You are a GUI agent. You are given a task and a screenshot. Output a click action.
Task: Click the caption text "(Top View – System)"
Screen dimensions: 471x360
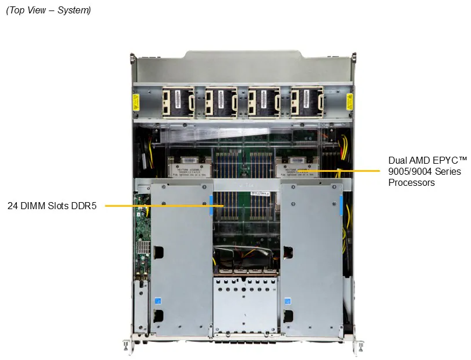pyautogui.click(x=48, y=10)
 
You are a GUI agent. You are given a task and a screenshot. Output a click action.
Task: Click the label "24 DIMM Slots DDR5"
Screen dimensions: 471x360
pyautogui.click(x=52, y=206)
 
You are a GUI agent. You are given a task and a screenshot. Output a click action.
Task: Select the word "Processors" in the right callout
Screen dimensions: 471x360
pyautogui.click(x=412, y=182)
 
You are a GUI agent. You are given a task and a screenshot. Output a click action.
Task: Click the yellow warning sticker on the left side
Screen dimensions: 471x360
pyautogui.click(x=136, y=102)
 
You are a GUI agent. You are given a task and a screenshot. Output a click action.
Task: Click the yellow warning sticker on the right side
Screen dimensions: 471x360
pyautogui.click(x=349, y=101)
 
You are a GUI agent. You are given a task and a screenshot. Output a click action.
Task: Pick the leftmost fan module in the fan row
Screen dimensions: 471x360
pyautogui.click(x=178, y=102)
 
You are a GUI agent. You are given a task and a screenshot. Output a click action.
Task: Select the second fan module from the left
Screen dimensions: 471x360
pyautogui.click(x=221, y=102)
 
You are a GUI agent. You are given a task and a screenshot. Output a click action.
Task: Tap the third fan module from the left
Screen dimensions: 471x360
pyautogui.click(x=264, y=102)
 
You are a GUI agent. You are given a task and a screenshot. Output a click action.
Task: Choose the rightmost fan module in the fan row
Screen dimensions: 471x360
pyautogui.click(x=307, y=102)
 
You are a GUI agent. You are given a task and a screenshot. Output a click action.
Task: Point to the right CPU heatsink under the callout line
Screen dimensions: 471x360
pyautogui.click(x=296, y=170)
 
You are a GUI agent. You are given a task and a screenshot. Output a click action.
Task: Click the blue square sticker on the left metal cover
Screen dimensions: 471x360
pyautogui.click(x=158, y=301)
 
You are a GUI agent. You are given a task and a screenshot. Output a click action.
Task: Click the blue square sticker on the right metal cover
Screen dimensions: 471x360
pyautogui.click(x=288, y=301)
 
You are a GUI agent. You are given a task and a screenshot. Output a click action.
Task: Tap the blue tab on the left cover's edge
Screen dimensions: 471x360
pyautogui.click(x=211, y=205)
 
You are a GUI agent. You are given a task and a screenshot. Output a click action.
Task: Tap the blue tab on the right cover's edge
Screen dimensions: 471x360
pyautogui.click(x=341, y=205)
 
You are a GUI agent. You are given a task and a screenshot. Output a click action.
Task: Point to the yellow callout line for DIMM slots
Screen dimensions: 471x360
pyautogui.click(x=164, y=206)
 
